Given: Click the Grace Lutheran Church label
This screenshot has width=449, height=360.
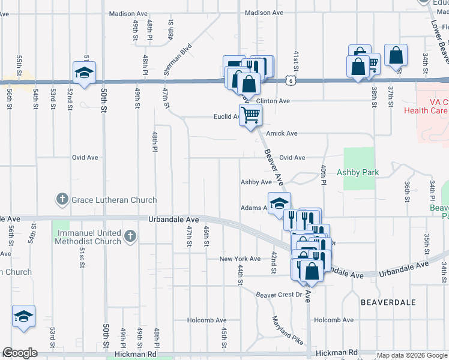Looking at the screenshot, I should [x=114, y=200].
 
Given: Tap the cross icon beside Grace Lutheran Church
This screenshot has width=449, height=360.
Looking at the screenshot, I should [x=62, y=199].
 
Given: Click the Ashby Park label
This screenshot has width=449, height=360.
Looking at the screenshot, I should [x=358, y=172].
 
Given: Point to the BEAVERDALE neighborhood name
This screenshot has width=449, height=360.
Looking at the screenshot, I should [x=388, y=303].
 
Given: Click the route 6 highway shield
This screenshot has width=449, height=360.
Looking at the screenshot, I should [x=291, y=80].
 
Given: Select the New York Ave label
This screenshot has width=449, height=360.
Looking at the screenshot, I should [x=240, y=259].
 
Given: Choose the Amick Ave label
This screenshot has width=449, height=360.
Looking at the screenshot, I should [x=282, y=133].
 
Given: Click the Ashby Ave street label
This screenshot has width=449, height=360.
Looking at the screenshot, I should [x=256, y=182].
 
